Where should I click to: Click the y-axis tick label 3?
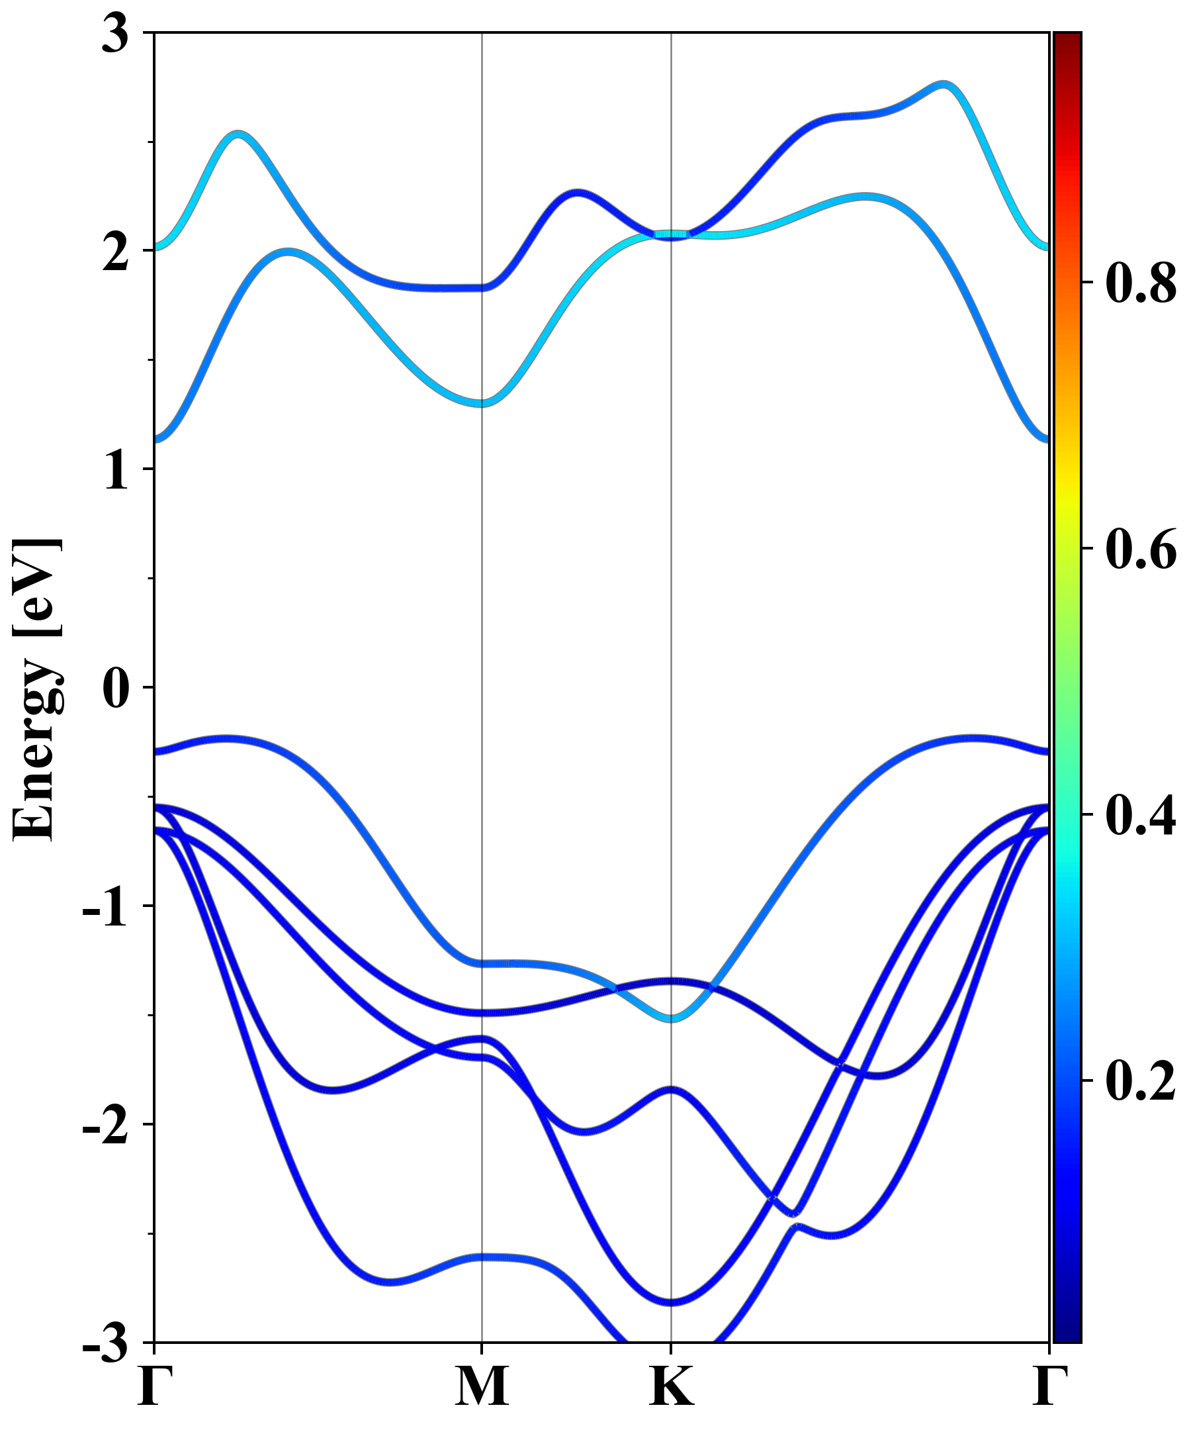[115, 34]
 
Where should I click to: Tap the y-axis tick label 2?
[115, 253]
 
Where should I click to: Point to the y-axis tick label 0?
[115, 689]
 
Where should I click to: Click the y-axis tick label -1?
[105, 908]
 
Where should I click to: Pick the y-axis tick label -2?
[105, 1126]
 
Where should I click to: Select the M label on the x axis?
[482, 1386]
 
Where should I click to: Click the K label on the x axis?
[672, 1386]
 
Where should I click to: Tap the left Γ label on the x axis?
[154, 1386]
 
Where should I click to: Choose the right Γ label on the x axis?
[1049, 1386]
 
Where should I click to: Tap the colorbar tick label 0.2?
[1141, 1080]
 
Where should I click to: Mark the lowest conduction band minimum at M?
[482, 403]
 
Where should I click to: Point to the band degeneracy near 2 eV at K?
[672, 235]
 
